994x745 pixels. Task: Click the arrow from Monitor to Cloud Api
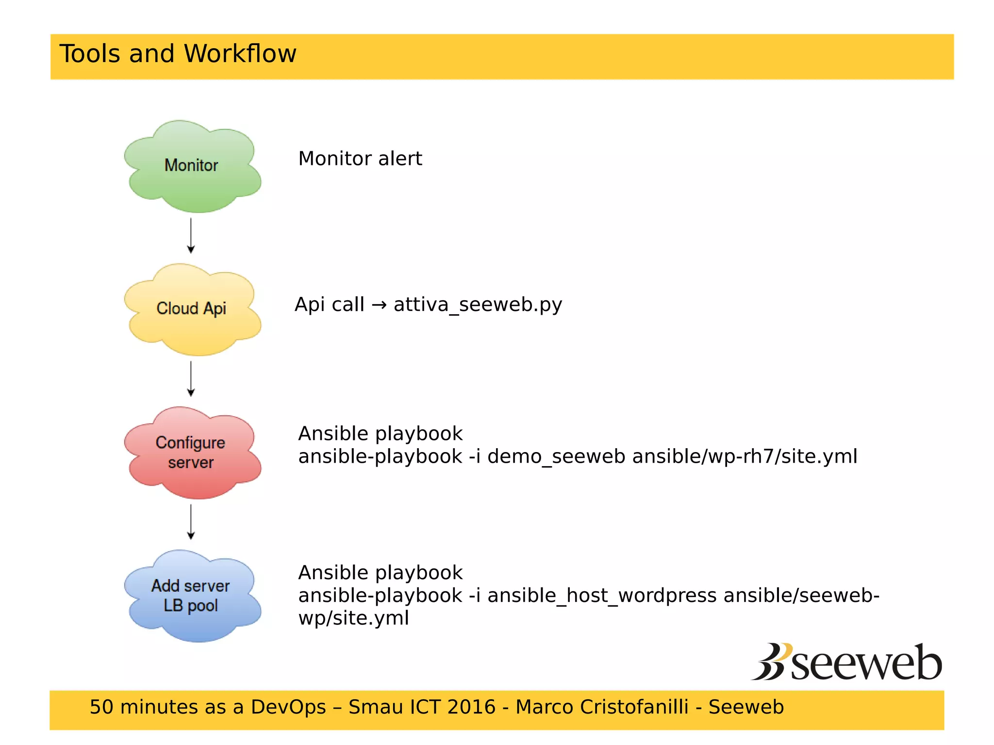click(191, 236)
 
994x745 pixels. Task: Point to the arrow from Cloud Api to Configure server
click(191, 379)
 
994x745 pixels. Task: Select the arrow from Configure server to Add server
click(191, 522)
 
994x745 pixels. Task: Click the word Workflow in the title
click(240, 53)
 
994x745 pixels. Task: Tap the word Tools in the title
click(90, 53)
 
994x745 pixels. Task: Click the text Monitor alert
click(360, 159)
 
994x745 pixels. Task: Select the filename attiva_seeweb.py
click(478, 305)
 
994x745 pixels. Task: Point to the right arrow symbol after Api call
click(379, 305)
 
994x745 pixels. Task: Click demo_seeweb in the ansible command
click(556, 456)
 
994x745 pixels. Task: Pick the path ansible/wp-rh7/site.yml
click(745, 456)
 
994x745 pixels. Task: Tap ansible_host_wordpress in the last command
click(602, 596)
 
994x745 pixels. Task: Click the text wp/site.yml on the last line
click(353, 618)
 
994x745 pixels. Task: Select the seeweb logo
click(847, 663)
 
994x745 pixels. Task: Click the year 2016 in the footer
click(471, 707)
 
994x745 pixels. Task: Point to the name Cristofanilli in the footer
click(602, 707)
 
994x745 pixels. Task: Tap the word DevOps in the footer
click(288, 707)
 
